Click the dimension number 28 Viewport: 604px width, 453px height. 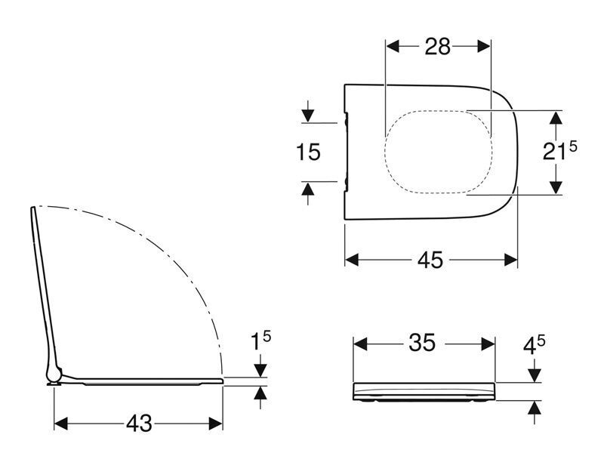coord(437,47)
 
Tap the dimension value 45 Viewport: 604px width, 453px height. coord(430,260)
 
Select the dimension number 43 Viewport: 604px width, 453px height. coord(139,424)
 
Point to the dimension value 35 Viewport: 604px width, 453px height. coord(422,343)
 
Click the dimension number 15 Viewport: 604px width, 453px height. coord(308,152)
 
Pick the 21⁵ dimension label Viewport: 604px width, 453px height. coord(560,150)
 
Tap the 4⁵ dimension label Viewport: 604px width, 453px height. coord(534,345)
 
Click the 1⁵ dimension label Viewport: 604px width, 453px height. coord(260,341)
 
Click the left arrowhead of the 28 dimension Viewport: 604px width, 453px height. coord(393,47)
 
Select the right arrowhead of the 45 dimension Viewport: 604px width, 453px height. coord(511,260)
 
